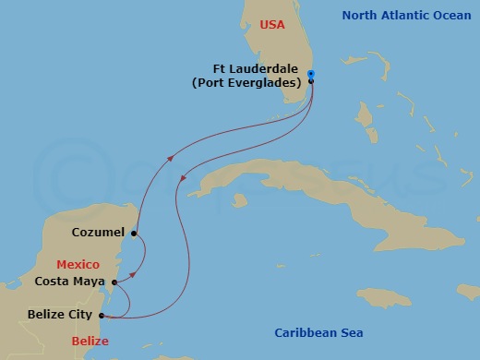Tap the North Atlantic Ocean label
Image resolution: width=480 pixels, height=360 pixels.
[x=406, y=15]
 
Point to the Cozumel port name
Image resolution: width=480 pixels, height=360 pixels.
[x=98, y=233]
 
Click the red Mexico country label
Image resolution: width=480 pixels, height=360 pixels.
[x=78, y=264]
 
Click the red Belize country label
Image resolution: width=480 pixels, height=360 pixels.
[x=90, y=342]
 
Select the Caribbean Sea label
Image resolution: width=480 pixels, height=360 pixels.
[x=319, y=332]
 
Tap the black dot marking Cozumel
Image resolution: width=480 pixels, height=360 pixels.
[x=134, y=234]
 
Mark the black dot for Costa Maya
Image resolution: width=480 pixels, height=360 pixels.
[x=114, y=282]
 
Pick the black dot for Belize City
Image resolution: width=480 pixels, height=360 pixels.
[x=100, y=316]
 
